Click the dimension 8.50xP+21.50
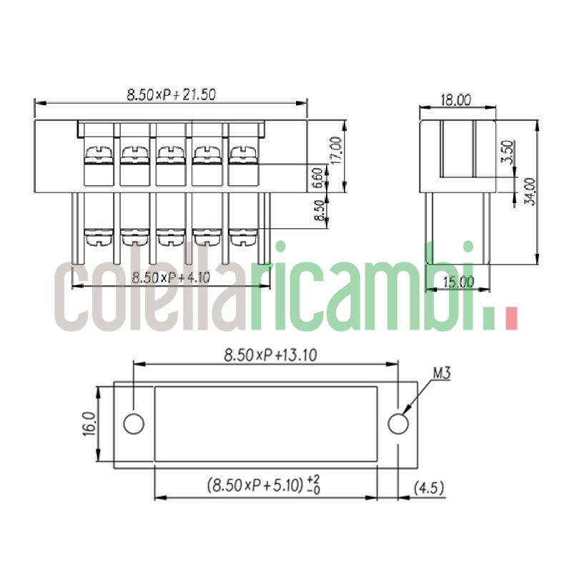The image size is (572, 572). click(x=171, y=94)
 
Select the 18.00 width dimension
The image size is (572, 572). click(x=455, y=100)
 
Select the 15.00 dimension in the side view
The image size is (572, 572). click(x=458, y=282)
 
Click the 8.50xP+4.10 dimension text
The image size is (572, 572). click(x=171, y=277)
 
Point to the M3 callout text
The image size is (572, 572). click(x=440, y=373)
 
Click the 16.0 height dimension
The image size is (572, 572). click(x=88, y=425)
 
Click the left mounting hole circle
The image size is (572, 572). click(x=134, y=423)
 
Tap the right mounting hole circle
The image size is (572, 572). click(x=398, y=423)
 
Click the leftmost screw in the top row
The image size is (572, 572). click(x=98, y=152)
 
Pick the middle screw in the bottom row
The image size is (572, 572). click(x=170, y=235)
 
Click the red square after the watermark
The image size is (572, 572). click(x=510, y=319)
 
